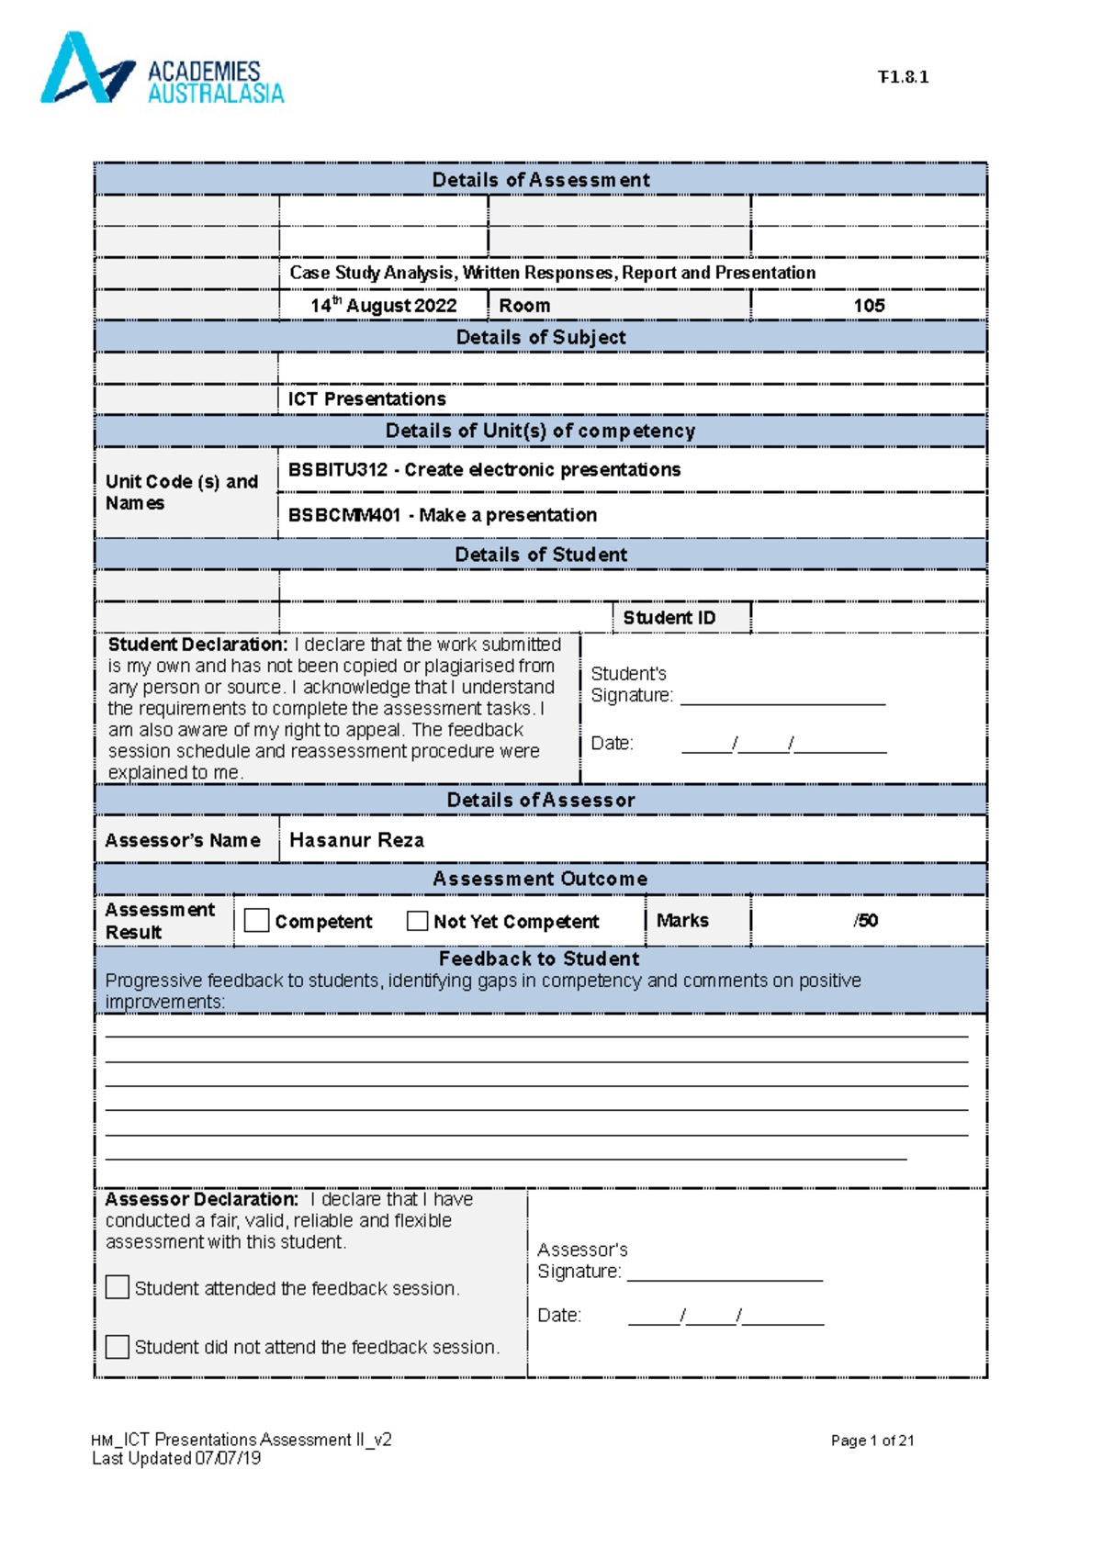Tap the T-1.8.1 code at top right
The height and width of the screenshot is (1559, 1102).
(x=902, y=77)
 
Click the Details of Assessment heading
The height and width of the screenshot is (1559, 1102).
(x=540, y=180)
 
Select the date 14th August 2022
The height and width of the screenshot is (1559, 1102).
(x=383, y=306)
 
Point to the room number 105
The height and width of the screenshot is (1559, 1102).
(x=868, y=306)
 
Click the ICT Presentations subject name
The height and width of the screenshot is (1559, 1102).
(x=366, y=399)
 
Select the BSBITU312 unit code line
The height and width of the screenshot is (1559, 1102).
(x=484, y=470)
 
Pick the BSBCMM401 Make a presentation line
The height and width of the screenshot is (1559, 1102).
(x=442, y=515)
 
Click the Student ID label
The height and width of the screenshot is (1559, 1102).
(x=669, y=618)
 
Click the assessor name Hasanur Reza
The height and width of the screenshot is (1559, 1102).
(x=356, y=840)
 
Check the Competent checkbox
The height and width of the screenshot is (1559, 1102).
(x=257, y=921)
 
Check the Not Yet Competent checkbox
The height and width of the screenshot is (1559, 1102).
(x=417, y=921)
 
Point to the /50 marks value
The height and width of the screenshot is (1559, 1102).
(x=865, y=921)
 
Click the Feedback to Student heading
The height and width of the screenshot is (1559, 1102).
(x=538, y=959)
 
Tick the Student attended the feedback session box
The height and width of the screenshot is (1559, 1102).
(x=118, y=1287)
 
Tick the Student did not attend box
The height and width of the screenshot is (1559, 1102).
(x=118, y=1346)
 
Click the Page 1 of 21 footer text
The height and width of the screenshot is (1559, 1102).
(x=871, y=1441)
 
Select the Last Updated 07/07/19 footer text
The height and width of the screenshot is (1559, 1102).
(x=176, y=1458)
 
